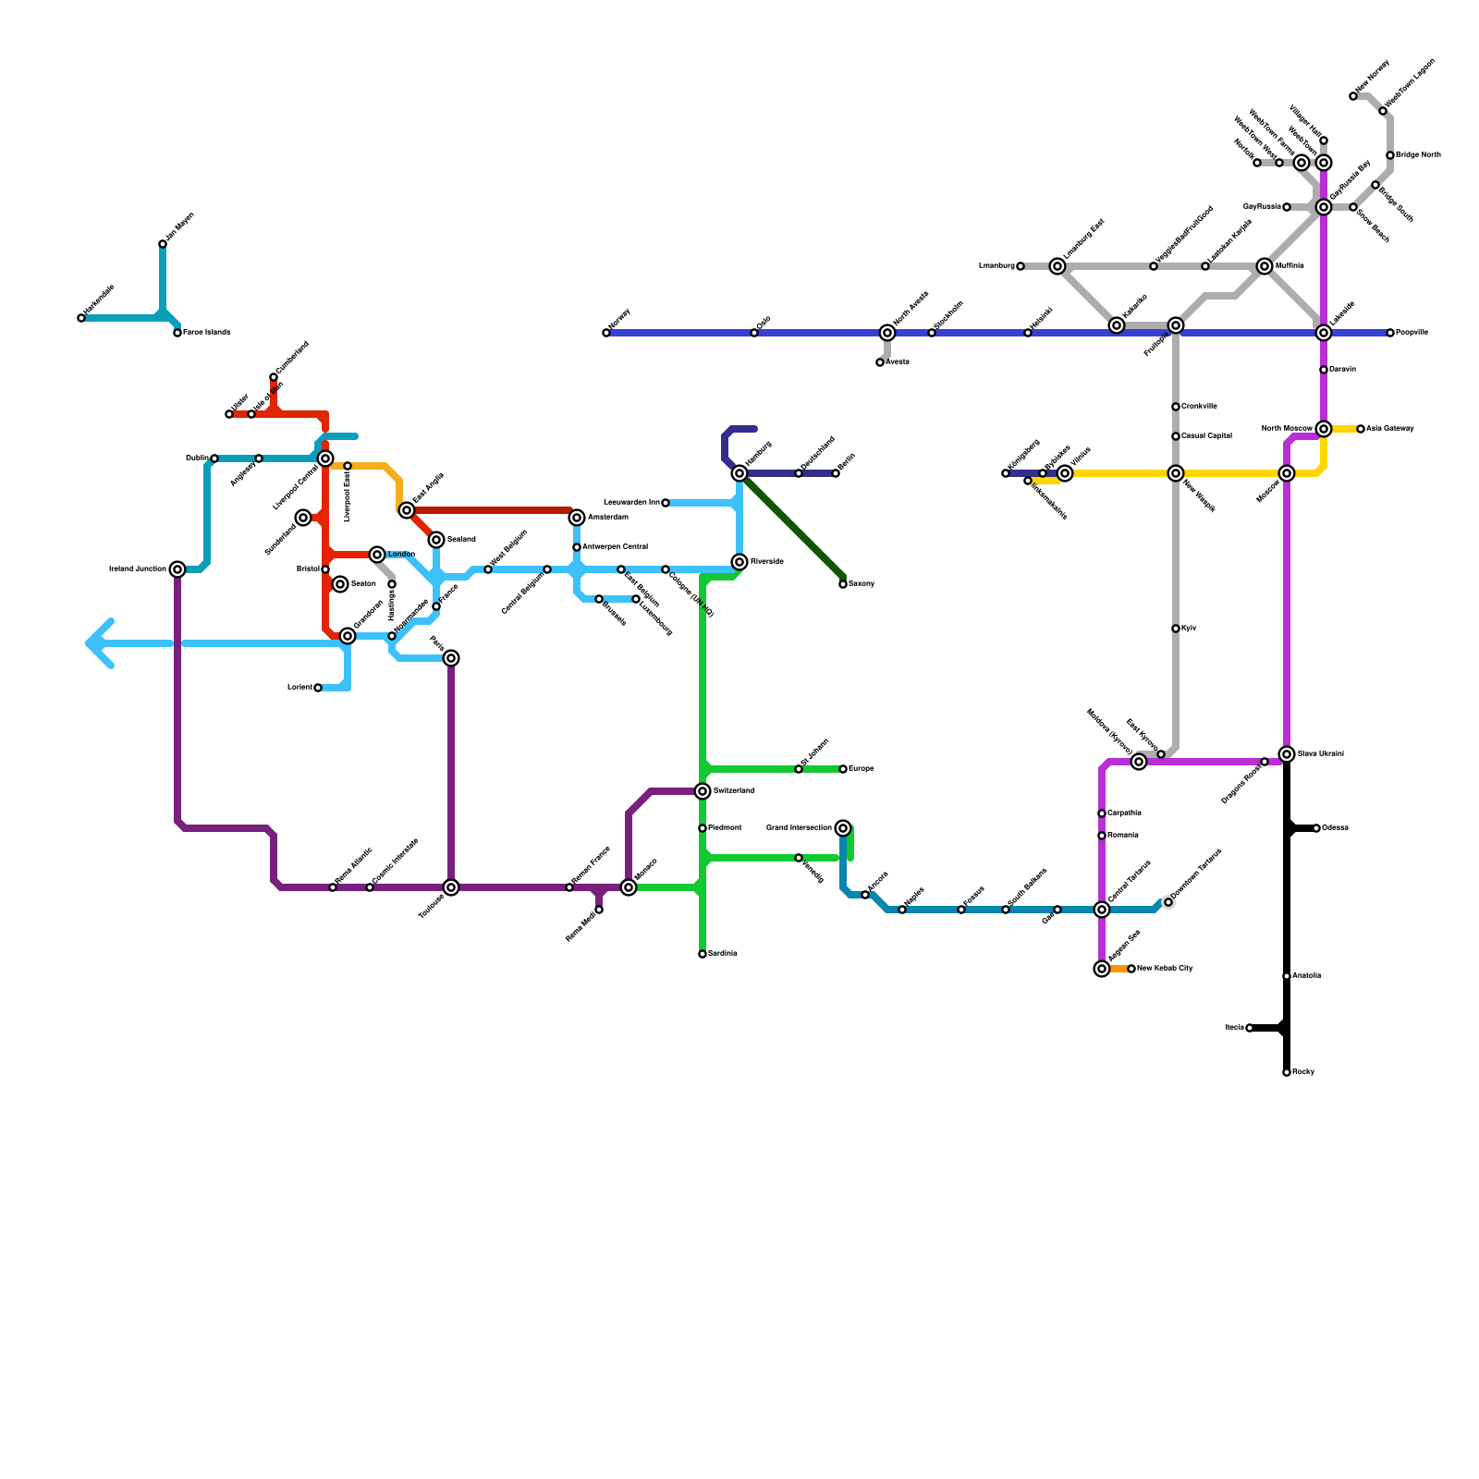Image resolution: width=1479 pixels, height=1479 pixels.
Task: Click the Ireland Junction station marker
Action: [177, 569]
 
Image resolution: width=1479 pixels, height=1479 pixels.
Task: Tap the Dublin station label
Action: [196, 458]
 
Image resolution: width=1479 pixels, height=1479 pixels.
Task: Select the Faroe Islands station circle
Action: [177, 333]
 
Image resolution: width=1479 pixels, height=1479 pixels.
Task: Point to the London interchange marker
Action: [377, 555]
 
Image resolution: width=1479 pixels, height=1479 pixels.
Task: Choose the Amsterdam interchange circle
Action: [577, 518]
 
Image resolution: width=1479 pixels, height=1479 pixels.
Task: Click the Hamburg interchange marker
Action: [739, 473]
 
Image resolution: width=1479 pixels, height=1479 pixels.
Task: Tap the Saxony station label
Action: [862, 584]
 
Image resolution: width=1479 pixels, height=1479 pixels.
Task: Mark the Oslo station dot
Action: [754, 333]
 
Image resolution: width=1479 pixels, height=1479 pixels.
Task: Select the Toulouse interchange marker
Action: [451, 887]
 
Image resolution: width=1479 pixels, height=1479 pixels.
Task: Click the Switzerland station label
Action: [733, 791]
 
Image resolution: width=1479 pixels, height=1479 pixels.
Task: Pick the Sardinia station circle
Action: [703, 954]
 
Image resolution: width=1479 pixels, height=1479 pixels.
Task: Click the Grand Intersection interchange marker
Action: [843, 828]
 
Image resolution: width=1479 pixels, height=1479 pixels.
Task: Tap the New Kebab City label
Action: [1165, 969]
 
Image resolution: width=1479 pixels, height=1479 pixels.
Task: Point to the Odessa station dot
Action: [1316, 828]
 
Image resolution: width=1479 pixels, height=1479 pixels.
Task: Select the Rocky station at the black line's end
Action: [1287, 1072]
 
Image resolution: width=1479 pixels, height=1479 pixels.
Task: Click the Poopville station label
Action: [1412, 333]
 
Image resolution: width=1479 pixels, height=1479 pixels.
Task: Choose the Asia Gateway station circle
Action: [1361, 429]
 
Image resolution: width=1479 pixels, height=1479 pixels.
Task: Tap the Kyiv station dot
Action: [1176, 629]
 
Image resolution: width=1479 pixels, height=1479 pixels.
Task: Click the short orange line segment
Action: [1118, 969]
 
